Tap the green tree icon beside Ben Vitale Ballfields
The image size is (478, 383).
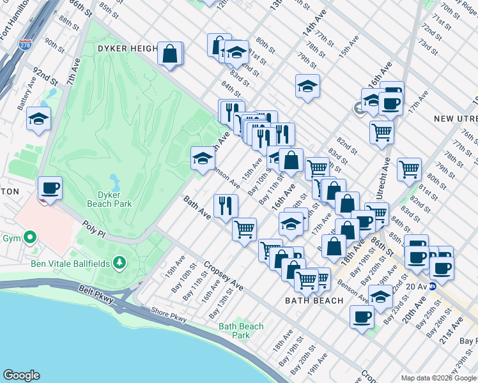pyautogui.click(x=119, y=263)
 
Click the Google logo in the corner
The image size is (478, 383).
pyautogui.click(x=21, y=375)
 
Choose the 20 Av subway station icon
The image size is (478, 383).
pyautogui.click(x=432, y=287)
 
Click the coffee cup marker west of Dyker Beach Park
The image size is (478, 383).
pyautogui.click(x=50, y=189)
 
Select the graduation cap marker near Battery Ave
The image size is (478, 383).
pyautogui.click(x=38, y=119)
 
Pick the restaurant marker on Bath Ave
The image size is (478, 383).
pyautogui.click(x=226, y=206)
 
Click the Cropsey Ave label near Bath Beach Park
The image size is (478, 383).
pyautogui.click(x=223, y=276)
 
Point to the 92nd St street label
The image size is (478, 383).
pyautogui.click(x=45, y=71)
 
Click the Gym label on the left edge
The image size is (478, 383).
pyautogui.click(x=12, y=238)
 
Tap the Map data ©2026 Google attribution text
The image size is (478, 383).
pyautogui.click(x=438, y=378)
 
